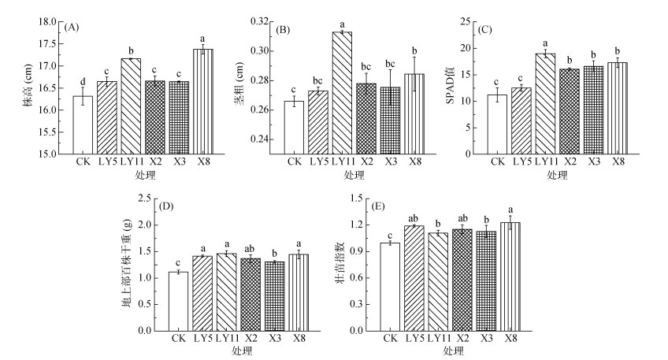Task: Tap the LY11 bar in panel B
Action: click(341, 93)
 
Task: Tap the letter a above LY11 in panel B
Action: click(341, 25)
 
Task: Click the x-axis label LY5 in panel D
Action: click(203, 340)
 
